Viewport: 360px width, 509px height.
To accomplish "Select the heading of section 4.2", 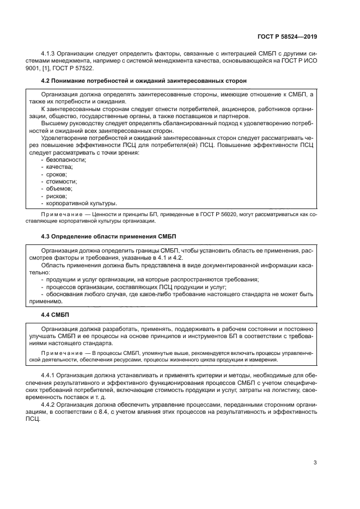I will (144, 81).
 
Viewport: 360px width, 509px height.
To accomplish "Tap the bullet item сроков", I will (57, 174).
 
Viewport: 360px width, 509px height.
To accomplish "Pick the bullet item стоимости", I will (62, 181).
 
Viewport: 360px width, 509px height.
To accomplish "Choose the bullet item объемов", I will (59, 188).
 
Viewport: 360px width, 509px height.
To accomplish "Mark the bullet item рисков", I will (57, 196).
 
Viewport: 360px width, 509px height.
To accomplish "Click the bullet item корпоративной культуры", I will (82, 203).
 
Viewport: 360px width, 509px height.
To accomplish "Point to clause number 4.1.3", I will (50, 53).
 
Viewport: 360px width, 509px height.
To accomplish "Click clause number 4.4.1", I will (50, 376).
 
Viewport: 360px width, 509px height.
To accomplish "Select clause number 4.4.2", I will (50, 404).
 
